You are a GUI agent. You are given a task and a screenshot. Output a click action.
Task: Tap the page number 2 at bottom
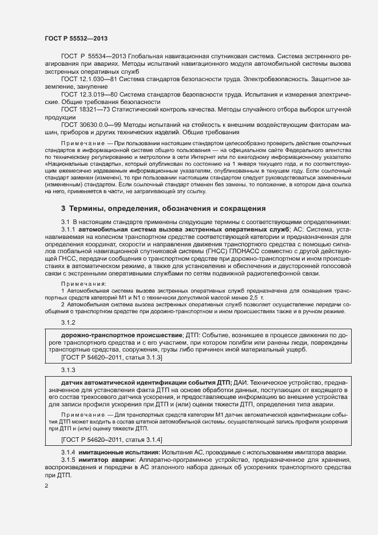(x=46, y=486)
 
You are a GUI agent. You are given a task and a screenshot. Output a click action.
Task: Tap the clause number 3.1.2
(x=69, y=322)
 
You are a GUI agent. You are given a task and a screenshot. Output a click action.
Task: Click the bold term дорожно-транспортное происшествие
(x=121, y=334)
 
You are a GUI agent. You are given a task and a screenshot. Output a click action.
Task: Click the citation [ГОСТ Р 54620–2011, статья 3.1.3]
(x=112, y=357)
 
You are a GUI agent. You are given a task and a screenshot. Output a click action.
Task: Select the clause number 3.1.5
(x=69, y=460)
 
